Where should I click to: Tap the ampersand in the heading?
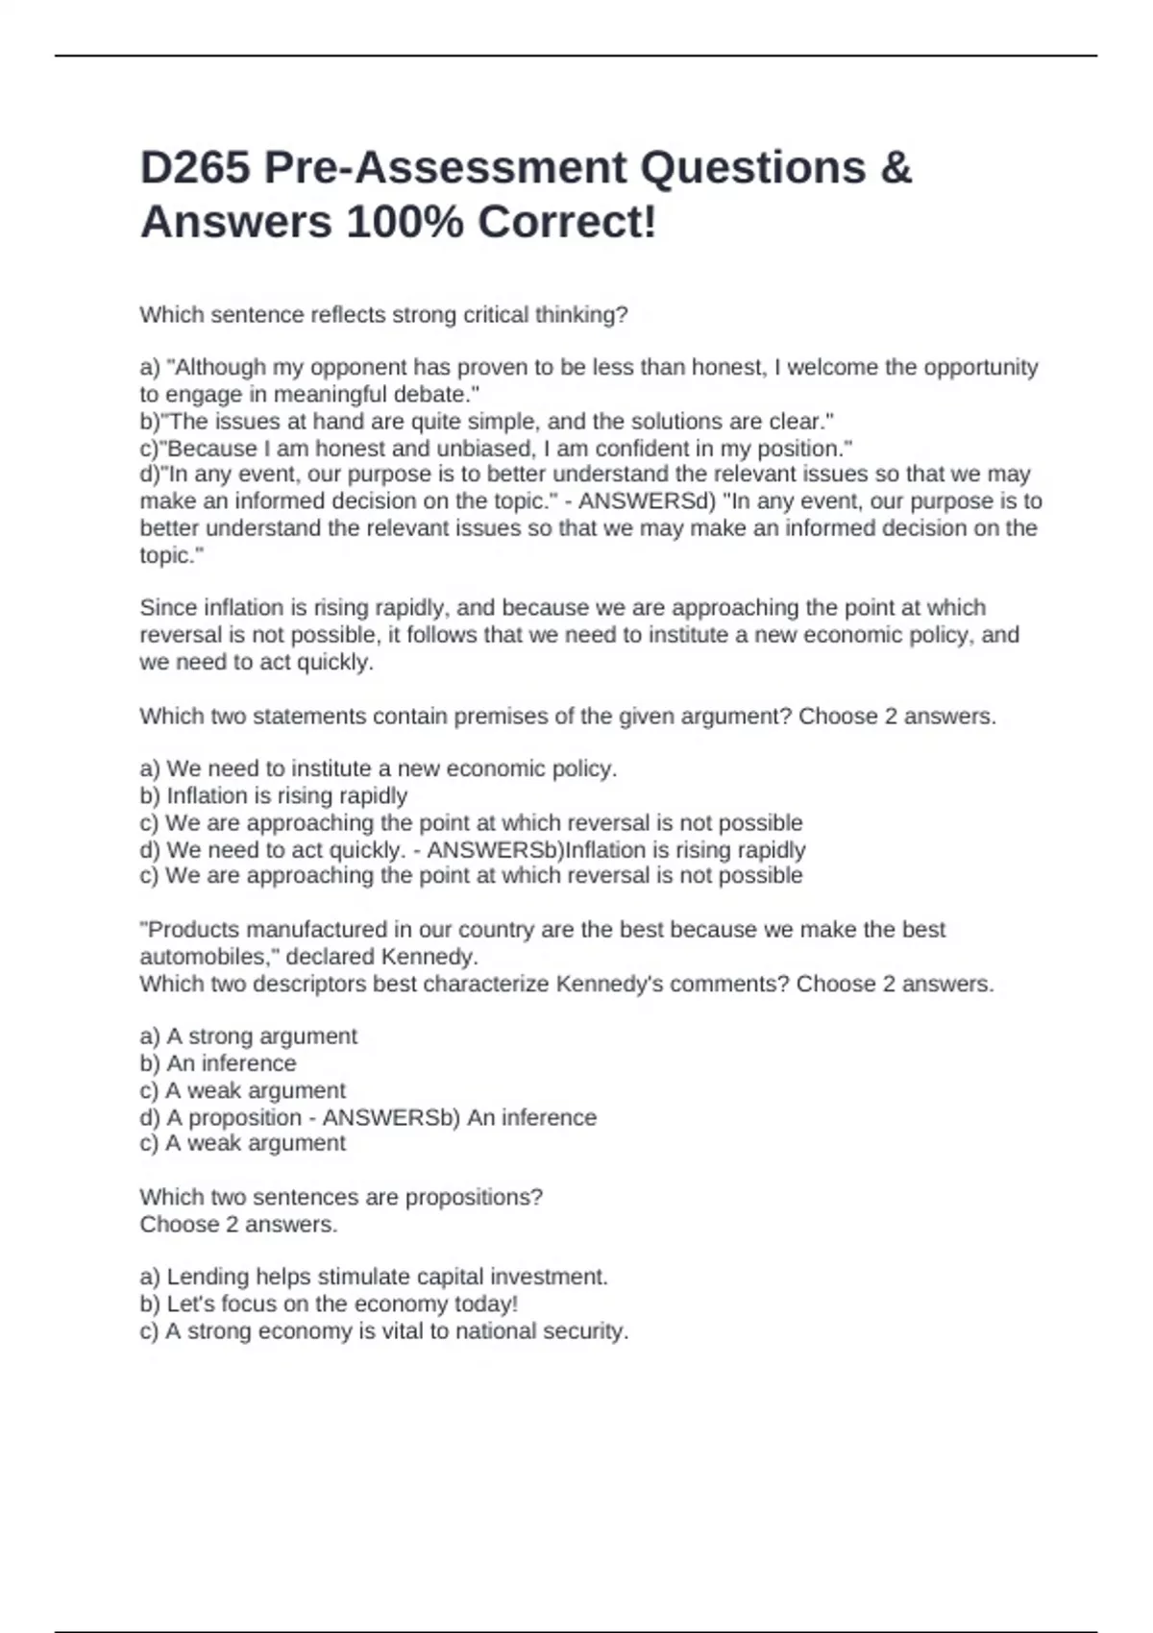[895, 168]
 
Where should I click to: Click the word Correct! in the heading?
[567, 223]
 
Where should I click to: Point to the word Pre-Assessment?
[446, 168]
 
